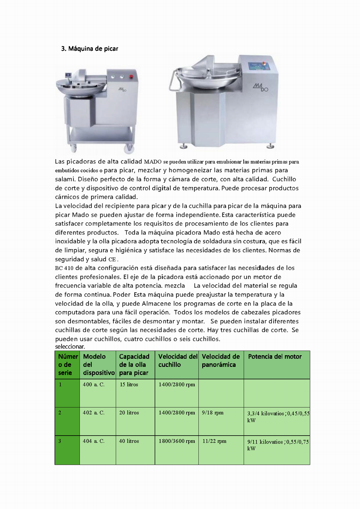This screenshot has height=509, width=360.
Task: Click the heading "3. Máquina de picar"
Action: click(90, 49)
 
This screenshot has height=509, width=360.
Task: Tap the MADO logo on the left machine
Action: click(123, 89)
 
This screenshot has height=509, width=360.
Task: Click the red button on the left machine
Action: click(131, 77)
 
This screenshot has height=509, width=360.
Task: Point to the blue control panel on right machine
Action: click(259, 67)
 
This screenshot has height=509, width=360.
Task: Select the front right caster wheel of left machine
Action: click(129, 148)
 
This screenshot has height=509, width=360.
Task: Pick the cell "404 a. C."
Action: click(94, 441)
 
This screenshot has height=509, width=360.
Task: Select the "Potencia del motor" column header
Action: click(275, 357)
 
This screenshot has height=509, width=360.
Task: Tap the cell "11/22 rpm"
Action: click(214, 441)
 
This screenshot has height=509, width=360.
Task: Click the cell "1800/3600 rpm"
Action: click(177, 441)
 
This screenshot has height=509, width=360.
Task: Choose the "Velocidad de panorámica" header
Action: click(220, 361)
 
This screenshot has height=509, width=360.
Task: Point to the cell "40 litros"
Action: click(129, 441)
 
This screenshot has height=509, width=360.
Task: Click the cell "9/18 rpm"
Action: click(212, 413)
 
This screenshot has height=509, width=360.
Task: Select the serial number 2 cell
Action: click(60, 413)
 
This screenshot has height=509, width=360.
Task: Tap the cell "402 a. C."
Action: click(94, 413)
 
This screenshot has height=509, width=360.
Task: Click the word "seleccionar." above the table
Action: click(70, 347)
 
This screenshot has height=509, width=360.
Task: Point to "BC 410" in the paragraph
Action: click(64, 268)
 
